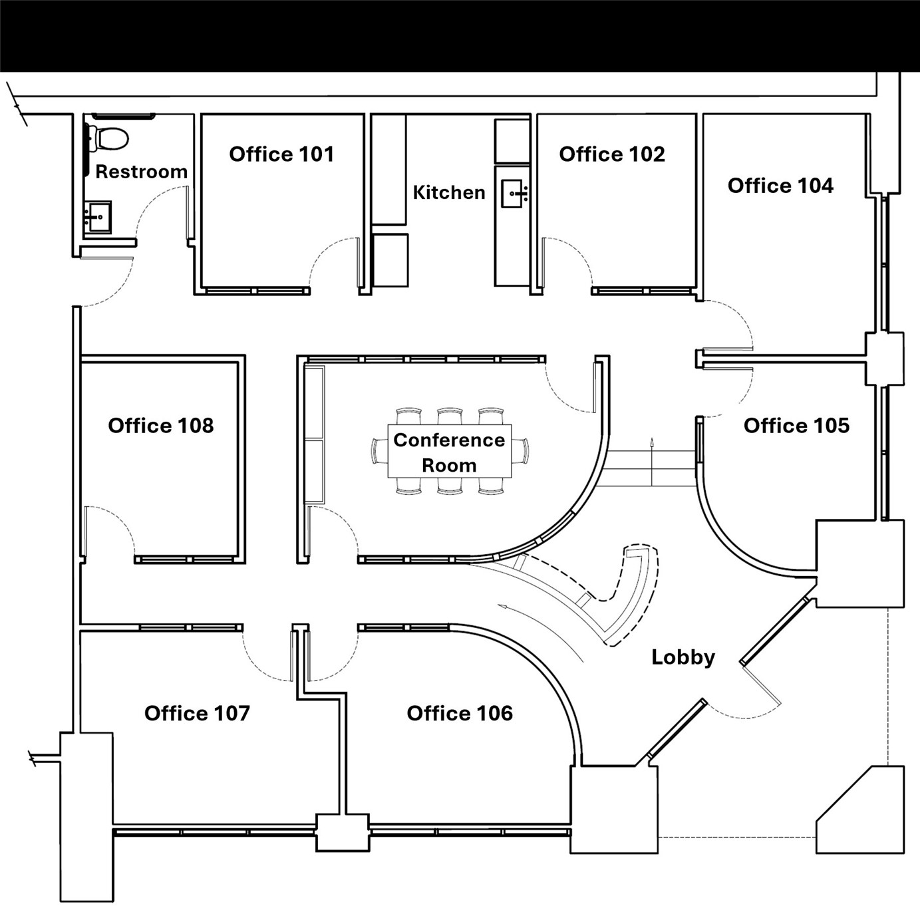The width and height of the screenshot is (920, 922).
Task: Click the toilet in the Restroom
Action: click(x=110, y=138)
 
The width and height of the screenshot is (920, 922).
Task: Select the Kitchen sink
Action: click(x=512, y=194)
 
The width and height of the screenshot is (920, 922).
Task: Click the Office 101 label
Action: click(x=281, y=154)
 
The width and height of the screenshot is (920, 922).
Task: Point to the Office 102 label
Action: click(x=611, y=154)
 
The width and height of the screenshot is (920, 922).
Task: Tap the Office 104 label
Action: click(x=780, y=186)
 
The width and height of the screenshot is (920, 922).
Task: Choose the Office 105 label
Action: click(x=796, y=426)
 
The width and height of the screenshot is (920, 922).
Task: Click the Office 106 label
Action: click(x=460, y=714)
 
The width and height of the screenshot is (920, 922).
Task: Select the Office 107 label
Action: click(x=197, y=714)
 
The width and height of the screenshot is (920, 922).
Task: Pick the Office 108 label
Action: click(x=161, y=426)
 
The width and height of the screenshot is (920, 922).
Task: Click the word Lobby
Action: click(x=683, y=657)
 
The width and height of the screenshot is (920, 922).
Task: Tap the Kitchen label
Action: click(x=449, y=193)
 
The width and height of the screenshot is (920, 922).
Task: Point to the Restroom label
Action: click(x=141, y=172)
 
